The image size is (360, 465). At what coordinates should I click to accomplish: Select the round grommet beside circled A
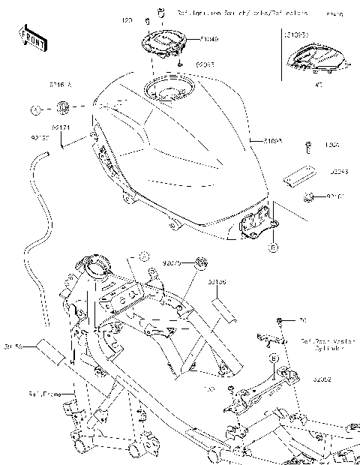click(63, 110)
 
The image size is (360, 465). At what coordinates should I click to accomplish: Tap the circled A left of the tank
click(35, 110)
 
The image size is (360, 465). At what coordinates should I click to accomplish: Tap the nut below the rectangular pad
click(307, 198)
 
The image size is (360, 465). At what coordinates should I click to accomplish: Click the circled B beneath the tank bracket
click(274, 245)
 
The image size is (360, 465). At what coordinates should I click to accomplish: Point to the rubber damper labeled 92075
click(199, 262)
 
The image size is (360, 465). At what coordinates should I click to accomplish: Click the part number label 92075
click(172, 263)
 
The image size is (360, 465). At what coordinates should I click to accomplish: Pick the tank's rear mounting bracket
click(255, 222)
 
